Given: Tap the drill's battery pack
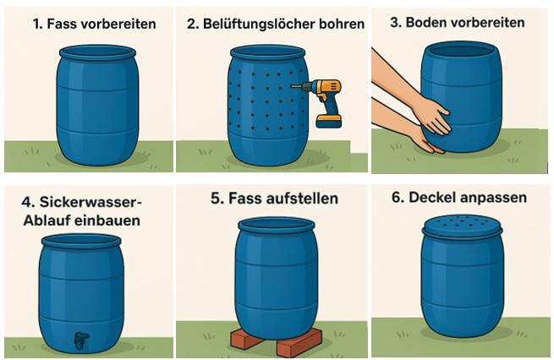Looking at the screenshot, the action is coord(328,121).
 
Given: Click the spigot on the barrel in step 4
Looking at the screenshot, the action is coord(81,341).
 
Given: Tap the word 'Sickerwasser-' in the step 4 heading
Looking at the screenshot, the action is coord(91,202).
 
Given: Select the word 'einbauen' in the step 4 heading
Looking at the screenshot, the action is coord(107,221).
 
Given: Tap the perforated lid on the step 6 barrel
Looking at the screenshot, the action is coord(462,226).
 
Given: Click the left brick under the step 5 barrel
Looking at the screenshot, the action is coord(247,337).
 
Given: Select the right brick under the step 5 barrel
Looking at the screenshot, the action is coord(299,342).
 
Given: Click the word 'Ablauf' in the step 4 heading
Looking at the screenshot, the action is coord(47,221).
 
